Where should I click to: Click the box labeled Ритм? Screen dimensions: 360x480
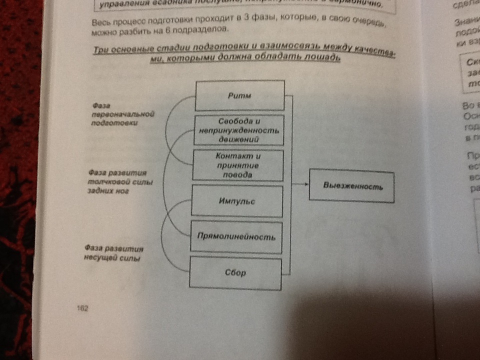(239, 95)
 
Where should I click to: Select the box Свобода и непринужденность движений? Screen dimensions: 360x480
(238, 130)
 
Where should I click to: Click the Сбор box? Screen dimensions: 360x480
(235, 273)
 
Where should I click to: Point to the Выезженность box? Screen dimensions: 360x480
(352, 186)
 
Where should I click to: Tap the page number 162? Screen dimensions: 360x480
(82, 308)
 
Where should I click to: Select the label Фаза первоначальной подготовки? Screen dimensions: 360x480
(120, 114)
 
